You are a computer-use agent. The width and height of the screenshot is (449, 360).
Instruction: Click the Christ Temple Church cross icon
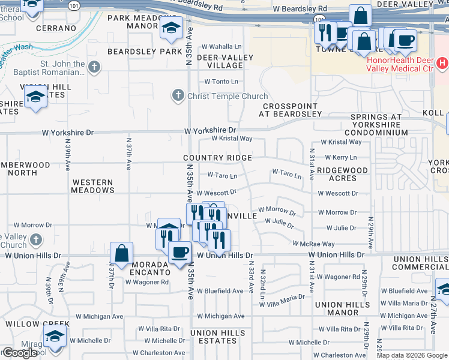pos(178,95)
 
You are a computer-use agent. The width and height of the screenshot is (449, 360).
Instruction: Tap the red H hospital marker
pos(442,62)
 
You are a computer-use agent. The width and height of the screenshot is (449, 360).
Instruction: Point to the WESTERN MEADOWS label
pos(92,186)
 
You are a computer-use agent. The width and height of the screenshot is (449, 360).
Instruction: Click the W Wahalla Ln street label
pos(221,46)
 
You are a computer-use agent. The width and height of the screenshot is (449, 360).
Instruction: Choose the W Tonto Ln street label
pos(221,81)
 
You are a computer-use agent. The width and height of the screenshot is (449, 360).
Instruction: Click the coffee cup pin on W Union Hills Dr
pos(179,252)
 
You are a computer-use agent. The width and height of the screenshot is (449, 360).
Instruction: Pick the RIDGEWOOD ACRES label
pos(342,175)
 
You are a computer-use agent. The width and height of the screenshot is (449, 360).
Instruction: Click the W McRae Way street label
pos(313,244)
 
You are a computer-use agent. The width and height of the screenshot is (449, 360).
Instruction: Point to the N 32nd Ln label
pos(262,284)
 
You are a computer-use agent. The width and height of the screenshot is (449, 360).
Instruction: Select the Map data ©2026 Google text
pos(412,355)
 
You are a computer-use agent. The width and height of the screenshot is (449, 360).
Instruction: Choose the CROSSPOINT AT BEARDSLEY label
pos(288,110)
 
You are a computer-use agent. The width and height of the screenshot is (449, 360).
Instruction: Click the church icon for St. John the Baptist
pos(94,68)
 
